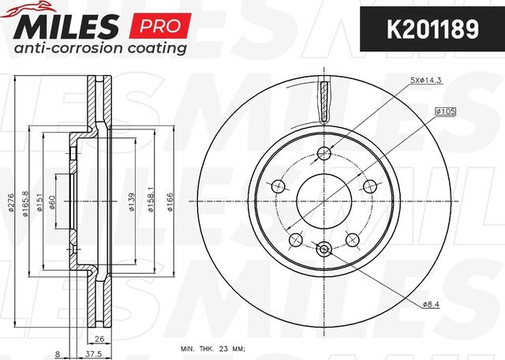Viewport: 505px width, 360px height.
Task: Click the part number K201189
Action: (x=432, y=29)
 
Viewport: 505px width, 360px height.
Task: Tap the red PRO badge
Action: (x=160, y=26)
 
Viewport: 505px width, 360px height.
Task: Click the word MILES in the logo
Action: (x=66, y=27)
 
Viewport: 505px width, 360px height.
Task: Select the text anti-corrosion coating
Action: (x=100, y=48)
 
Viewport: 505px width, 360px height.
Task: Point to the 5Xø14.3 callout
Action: (x=425, y=81)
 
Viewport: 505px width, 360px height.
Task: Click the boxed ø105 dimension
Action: (x=445, y=111)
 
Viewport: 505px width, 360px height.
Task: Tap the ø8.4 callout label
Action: (x=431, y=304)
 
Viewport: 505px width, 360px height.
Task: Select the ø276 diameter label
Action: (x=11, y=202)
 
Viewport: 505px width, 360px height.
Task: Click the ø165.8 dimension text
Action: (x=25, y=204)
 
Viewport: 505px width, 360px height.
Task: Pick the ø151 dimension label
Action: (x=39, y=202)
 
